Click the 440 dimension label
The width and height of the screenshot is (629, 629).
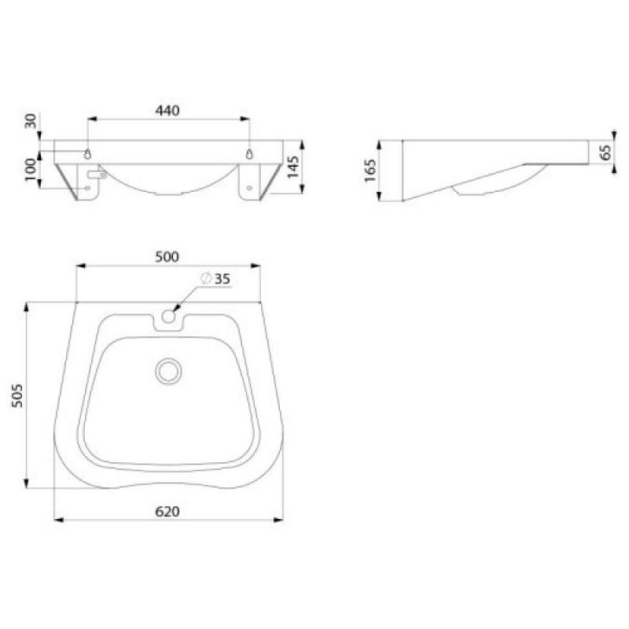point(167,110)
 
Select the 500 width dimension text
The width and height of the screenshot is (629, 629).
point(167,256)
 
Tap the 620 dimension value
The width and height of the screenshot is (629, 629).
point(167,511)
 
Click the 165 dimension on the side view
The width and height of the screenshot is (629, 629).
point(370,170)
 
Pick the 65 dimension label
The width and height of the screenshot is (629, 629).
point(605,152)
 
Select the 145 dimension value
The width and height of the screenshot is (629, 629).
point(292,167)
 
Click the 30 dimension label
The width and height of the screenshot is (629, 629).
point(31,121)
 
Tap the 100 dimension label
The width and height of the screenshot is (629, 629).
point(31,169)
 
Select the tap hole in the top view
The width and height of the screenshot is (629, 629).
point(168,317)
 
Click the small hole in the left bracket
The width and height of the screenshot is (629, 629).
point(86,189)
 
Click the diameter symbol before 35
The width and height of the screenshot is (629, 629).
point(204,278)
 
